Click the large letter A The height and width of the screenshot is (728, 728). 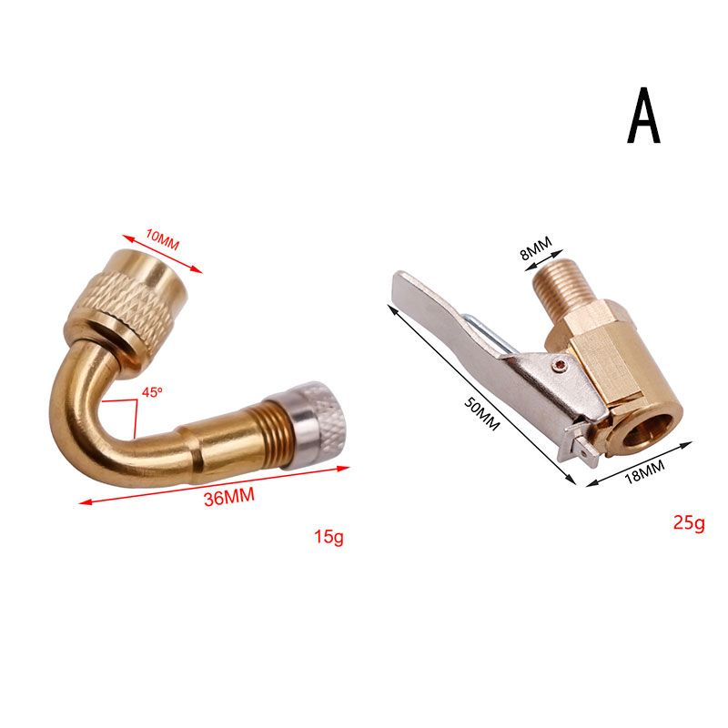click(643, 115)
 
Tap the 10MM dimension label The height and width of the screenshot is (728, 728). click(162, 239)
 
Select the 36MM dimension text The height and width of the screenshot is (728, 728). click(229, 497)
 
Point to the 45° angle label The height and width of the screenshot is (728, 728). click(152, 392)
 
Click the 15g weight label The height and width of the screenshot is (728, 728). click(329, 537)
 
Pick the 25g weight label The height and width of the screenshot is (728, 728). click(689, 524)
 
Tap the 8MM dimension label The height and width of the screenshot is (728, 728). click(536, 248)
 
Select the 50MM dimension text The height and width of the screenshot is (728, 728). click(481, 415)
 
